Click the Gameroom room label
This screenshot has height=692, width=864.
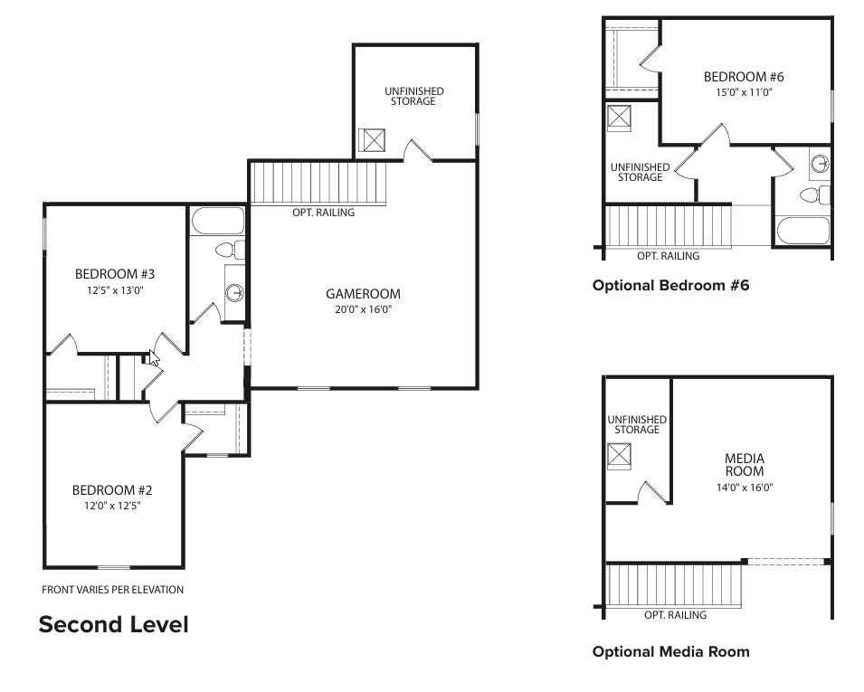[363, 294]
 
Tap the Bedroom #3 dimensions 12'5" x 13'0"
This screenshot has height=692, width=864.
[115, 290]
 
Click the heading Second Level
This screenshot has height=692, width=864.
[113, 624]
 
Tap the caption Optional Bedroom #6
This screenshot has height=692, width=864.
[670, 285]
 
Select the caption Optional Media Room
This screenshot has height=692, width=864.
[670, 651]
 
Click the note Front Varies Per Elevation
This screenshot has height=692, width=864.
[112, 590]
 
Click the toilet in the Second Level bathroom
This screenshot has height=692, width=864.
[227, 249]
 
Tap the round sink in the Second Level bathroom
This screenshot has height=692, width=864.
[235, 292]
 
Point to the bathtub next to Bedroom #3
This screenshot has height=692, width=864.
[218, 222]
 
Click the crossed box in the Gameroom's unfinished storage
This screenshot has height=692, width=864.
[372, 140]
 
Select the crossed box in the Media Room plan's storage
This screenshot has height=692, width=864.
[619, 456]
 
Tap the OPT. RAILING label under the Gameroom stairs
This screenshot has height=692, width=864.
[323, 213]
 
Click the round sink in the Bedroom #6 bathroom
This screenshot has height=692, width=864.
[820, 164]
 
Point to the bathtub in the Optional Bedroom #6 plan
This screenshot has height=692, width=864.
[802, 231]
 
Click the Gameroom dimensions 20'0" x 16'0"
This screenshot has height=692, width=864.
[363, 309]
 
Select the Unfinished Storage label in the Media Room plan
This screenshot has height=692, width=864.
[637, 424]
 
